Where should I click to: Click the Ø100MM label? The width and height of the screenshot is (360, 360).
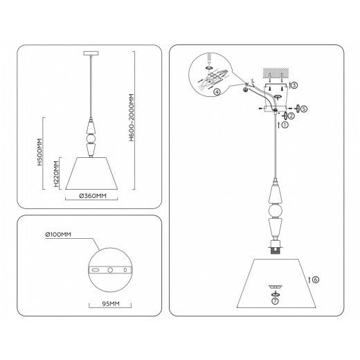point(57,235)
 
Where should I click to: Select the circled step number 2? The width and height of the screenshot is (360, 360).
point(292,116)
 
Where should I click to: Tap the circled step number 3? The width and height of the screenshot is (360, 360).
point(294,85)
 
